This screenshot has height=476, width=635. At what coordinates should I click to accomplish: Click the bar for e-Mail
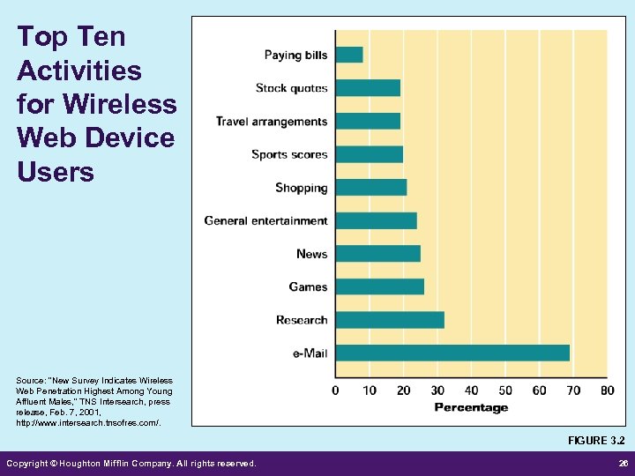(452, 353)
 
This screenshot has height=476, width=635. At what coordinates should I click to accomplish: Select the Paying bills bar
(349, 55)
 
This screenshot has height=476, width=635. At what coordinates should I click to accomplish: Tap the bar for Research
(390, 320)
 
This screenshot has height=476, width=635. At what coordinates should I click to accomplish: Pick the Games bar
(379, 286)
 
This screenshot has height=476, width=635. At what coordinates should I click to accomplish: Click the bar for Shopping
(371, 187)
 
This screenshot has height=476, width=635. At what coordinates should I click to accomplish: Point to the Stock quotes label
(291, 88)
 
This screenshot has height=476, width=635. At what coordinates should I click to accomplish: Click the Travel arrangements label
(272, 122)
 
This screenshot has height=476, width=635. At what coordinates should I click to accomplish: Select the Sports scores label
(289, 154)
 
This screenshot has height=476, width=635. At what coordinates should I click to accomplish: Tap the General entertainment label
(265, 220)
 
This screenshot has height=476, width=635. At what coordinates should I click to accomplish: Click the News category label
(311, 254)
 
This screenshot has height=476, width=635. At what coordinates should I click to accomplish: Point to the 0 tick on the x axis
(336, 390)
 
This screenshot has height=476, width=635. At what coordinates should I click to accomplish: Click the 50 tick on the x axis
(505, 390)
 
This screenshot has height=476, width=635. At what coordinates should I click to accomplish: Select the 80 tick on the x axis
(607, 390)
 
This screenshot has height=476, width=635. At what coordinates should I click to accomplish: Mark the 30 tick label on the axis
(437, 390)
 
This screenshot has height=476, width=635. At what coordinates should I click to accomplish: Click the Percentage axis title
(471, 407)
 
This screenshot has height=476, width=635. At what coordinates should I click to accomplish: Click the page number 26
(623, 463)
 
